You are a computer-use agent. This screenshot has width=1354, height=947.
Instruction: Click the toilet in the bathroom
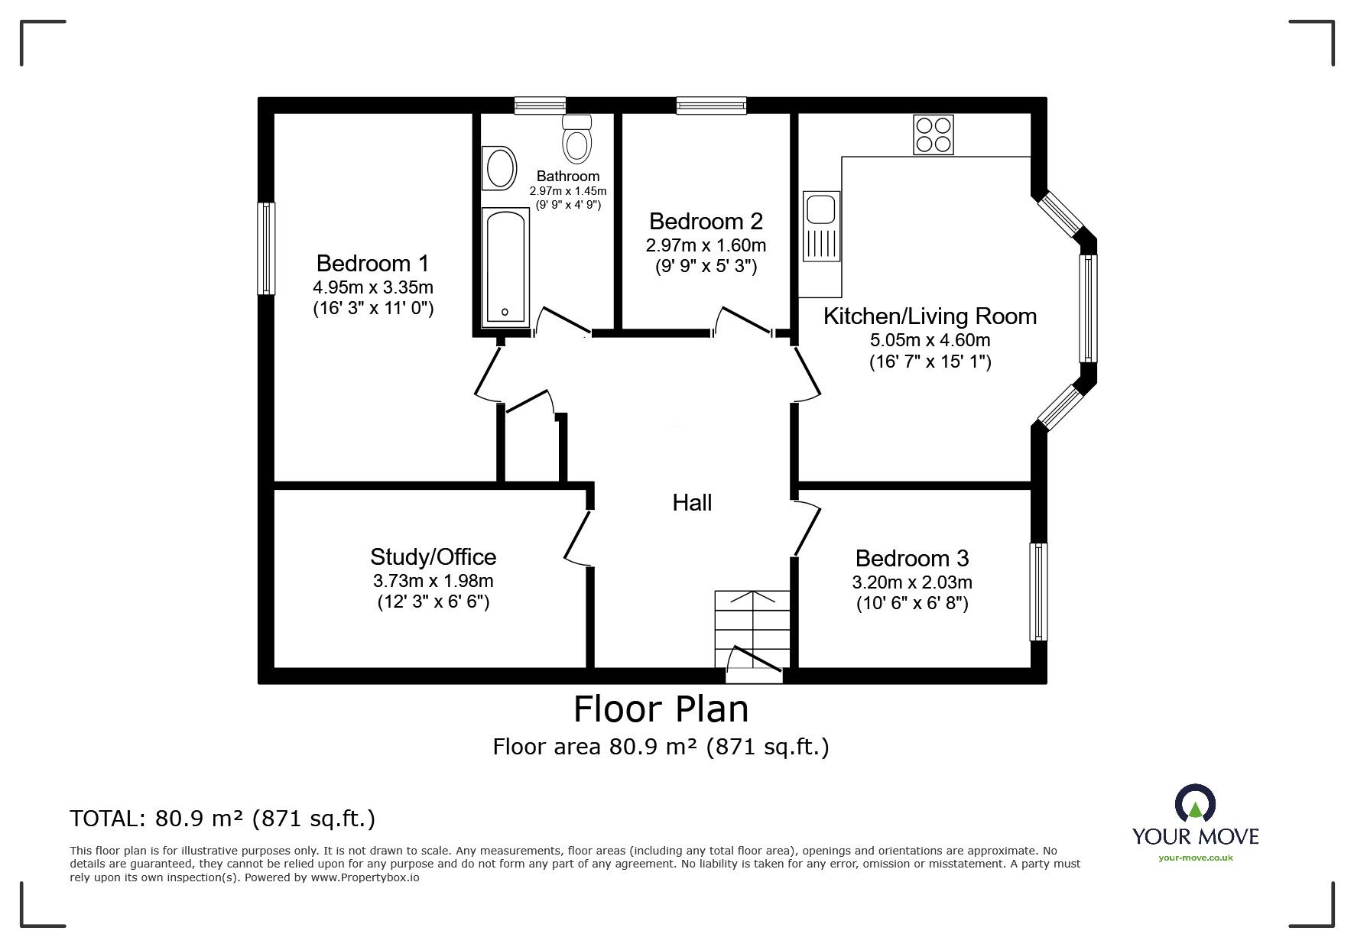click(576, 138)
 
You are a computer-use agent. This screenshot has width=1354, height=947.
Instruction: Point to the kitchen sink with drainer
click(820, 226)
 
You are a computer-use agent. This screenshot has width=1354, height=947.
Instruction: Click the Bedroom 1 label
click(372, 264)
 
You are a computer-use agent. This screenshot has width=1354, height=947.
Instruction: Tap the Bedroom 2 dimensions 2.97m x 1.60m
click(706, 246)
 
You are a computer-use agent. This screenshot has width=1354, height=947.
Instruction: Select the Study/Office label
click(433, 556)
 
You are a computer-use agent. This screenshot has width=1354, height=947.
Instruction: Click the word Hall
click(692, 503)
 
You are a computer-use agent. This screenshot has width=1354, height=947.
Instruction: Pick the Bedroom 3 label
click(912, 558)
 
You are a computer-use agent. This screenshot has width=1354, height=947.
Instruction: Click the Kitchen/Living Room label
click(930, 316)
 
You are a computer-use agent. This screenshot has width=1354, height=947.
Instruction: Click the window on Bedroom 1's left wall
click(265, 248)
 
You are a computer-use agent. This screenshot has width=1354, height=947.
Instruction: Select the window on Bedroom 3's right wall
click(1038, 592)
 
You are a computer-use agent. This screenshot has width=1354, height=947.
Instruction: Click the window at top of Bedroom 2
click(711, 105)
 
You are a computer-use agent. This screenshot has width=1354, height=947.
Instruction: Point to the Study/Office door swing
click(577, 538)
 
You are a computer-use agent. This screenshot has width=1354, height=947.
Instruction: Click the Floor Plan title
click(661, 709)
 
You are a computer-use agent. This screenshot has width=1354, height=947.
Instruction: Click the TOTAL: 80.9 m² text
click(222, 819)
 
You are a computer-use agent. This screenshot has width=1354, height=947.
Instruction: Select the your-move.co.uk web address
click(1195, 858)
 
